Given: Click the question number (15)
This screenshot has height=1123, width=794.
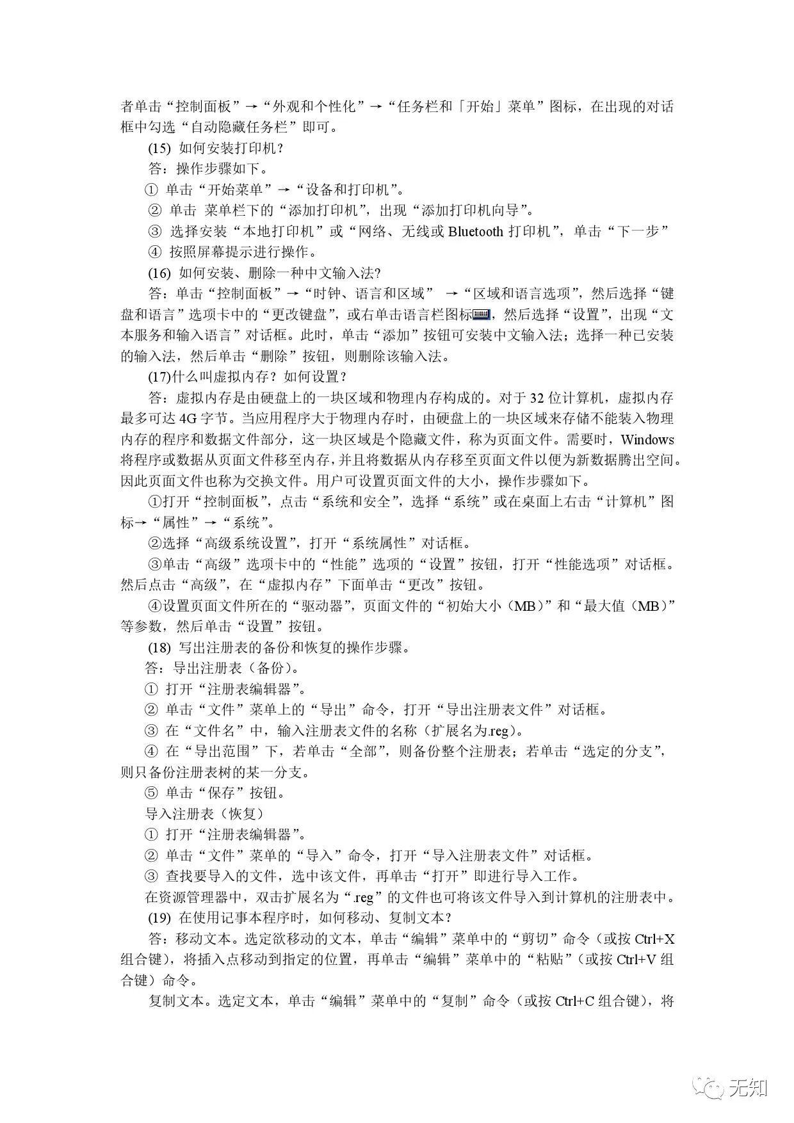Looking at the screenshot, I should click(159, 149).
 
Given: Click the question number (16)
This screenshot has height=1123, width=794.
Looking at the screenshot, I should click(159, 273).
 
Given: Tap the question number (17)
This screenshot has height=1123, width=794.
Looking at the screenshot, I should click(159, 377).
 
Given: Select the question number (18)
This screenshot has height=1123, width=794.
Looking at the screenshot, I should click(159, 647).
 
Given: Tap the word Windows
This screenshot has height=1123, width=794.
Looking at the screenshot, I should click(647, 440).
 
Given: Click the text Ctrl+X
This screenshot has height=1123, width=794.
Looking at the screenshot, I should click(654, 939).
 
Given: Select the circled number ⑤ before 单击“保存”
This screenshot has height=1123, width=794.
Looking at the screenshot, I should click(151, 793).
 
